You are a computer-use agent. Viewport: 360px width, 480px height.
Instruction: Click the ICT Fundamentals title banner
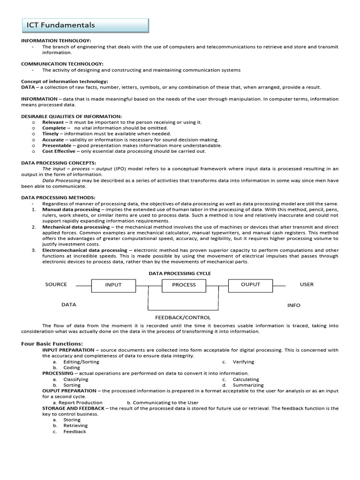85,25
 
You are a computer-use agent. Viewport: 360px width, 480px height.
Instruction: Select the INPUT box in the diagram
113,285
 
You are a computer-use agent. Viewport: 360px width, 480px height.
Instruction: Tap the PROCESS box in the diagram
184,285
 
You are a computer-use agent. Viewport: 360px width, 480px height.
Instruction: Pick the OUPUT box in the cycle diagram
250,285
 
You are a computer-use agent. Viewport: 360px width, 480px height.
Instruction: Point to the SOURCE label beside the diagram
56,284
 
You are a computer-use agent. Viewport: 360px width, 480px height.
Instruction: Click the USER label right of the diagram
307,284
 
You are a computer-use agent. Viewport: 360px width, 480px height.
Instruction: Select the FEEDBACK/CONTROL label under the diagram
183,317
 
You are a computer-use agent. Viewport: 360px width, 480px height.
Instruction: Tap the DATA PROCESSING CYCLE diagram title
180,273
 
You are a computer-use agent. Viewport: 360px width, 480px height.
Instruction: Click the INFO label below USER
294,305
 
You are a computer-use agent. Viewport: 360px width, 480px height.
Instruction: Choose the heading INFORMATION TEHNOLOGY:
56,41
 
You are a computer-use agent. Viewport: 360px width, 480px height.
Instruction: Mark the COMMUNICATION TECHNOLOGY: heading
62,64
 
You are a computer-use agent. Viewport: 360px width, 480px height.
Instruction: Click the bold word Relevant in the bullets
53,122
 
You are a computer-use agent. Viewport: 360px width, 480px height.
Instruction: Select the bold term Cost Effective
59,151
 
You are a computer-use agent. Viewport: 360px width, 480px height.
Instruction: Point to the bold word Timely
51,134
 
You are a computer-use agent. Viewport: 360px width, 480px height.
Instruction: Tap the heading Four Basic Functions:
52,344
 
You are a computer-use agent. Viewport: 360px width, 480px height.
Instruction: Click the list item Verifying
244,362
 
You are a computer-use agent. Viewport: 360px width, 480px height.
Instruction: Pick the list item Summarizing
247,385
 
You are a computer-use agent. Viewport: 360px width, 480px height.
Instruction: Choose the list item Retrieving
75,426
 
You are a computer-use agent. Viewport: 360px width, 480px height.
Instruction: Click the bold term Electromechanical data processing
85,250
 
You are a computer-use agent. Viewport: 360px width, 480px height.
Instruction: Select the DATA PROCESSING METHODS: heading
58,198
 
